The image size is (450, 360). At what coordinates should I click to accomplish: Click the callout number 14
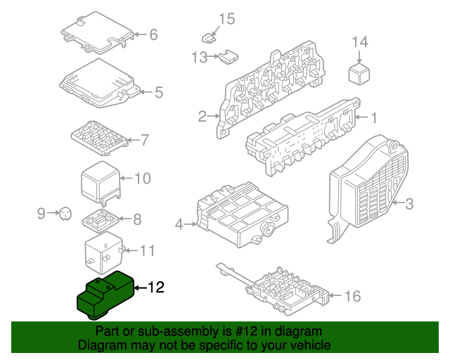359,41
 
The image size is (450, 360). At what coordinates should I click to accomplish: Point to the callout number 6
153,34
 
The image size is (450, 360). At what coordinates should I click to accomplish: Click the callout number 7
144,140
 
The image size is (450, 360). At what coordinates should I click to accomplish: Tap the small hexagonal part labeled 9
65,212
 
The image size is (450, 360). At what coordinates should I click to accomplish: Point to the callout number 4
179,224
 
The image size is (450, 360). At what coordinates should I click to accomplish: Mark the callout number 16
352,297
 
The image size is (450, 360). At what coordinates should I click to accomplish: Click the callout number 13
199,56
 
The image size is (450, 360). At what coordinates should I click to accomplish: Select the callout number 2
202,116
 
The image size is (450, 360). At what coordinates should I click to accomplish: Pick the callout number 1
374,117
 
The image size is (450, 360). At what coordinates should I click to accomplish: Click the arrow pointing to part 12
139,287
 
